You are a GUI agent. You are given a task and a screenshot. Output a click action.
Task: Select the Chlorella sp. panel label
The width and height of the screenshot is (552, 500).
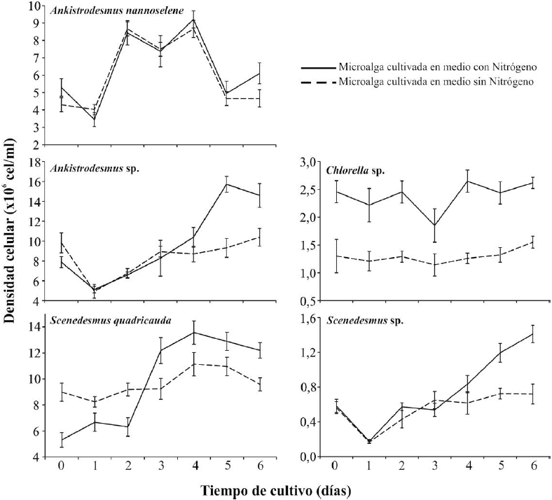(357, 170)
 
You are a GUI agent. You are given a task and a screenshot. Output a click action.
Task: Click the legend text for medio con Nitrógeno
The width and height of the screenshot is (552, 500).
(437, 67)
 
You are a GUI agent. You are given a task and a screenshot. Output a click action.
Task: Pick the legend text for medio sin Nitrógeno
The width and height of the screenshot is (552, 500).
(436, 81)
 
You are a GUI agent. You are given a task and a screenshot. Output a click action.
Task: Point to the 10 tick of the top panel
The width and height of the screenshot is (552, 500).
(31, 6)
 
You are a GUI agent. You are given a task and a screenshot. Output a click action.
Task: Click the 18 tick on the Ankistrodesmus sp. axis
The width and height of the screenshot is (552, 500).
(31, 162)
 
